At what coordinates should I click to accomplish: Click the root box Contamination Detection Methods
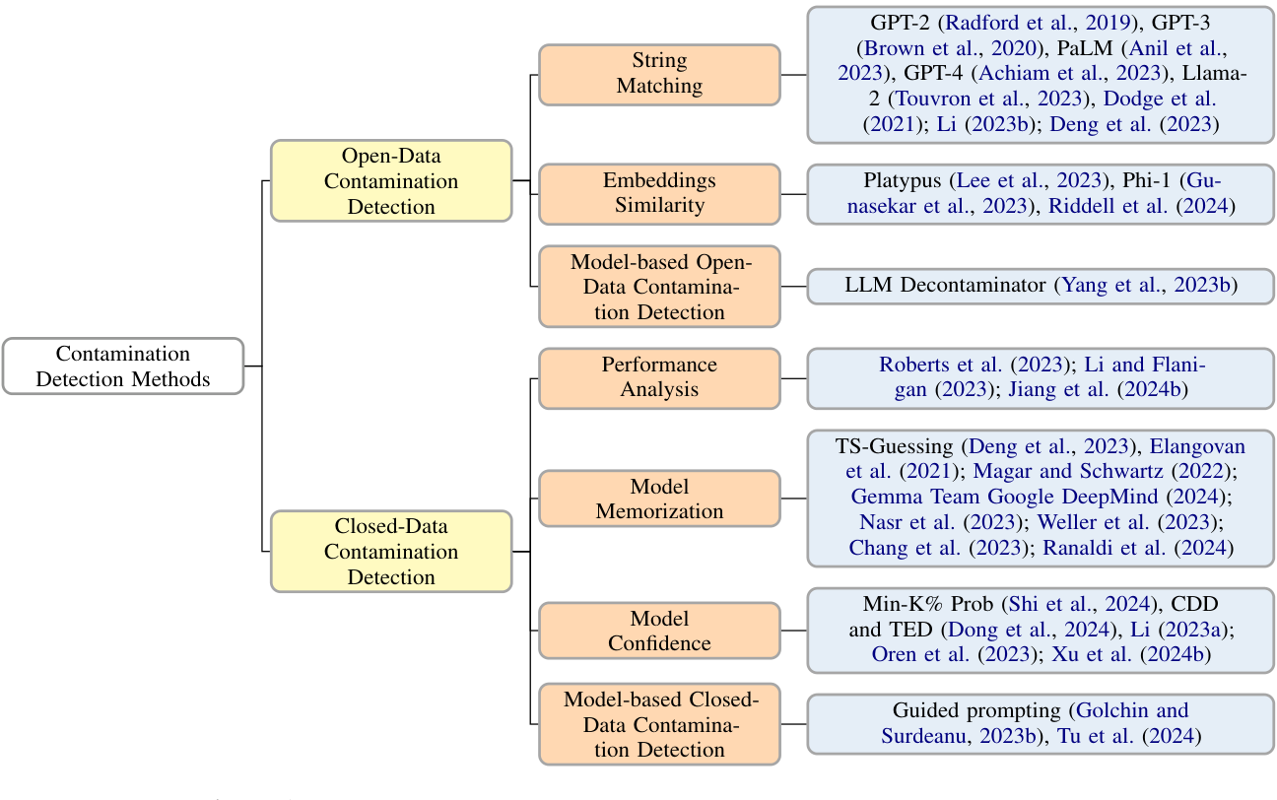(x=123, y=367)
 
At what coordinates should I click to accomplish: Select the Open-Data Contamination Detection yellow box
(x=391, y=181)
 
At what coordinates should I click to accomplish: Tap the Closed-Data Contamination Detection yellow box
(x=391, y=552)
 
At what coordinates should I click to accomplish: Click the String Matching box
(x=659, y=74)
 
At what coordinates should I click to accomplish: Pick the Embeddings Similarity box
(x=659, y=194)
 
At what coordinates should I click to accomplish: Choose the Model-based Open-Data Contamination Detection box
(x=659, y=287)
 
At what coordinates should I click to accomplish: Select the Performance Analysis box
(x=659, y=377)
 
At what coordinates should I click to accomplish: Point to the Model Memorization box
(x=659, y=499)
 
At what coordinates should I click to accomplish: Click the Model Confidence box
(x=659, y=631)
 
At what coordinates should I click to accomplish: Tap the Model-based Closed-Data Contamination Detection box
(x=659, y=724)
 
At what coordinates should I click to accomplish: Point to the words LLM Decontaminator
(x=945, y=287)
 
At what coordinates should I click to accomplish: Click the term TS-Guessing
(x=894, y=446)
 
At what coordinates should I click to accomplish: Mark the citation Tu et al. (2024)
(x=1129, y=736)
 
